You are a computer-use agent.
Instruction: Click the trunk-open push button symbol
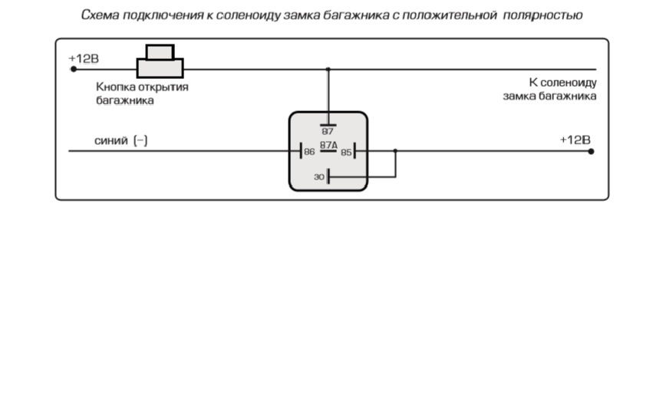(160, 61)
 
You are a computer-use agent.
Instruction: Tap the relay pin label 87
(328, 131)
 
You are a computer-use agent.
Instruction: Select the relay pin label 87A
(328, 145)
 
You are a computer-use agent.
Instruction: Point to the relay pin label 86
(309, 152)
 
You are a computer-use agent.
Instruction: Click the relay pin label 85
(346, 152)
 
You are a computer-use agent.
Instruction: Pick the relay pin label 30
(319, 177)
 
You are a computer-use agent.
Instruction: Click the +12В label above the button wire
(84, 58)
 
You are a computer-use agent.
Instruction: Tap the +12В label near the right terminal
(575, 140)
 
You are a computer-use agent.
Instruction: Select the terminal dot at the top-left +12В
(74, 69)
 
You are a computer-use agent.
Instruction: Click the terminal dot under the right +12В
(591, 151)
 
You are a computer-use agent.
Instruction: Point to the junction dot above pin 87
(328, 69)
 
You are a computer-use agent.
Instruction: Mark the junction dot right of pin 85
(395, 150)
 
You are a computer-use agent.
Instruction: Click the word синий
(110, 140)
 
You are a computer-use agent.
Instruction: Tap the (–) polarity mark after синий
(140, 140)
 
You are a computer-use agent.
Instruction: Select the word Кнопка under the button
(114, 87)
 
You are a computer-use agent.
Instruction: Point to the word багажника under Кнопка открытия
(125, 100)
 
